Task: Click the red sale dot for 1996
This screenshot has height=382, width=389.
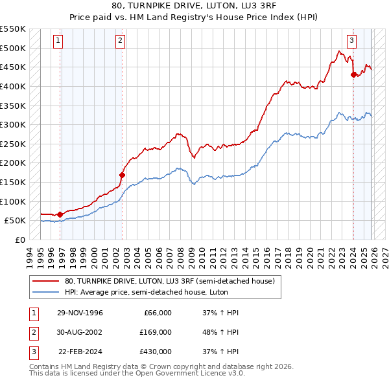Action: (x=60, y=214)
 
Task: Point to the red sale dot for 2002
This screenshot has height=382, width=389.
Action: (x=122, y=175)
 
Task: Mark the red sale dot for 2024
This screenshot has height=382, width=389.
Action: (x=353, y=74)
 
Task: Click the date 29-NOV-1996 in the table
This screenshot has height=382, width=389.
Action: (x=80, y=313)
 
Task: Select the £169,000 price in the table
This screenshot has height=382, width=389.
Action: (x=156, y=332)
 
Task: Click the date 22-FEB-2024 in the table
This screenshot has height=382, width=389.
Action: (x=80, y=352)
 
